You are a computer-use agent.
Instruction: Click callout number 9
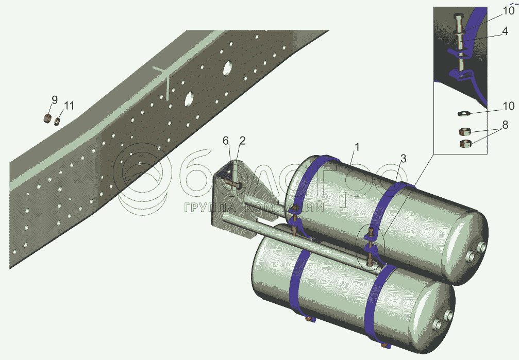pyautogui.click(x=54, y=99)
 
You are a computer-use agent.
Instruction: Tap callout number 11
pyautogui.click(x=69, y=106)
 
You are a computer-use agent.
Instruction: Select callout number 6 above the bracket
pyautogui.click(x=226, y=141)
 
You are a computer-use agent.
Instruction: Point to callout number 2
pyautogui.click(x=242, y=141)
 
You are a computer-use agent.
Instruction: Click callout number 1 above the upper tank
pyautogui.click(x=357, y=147)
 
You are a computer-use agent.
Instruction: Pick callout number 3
pyautogui.click(x=403, y=159)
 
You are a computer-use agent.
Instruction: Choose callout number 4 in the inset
pyautogui.click(x=505, y=31)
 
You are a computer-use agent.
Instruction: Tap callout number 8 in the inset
pyautogui.click(x=505, y=125)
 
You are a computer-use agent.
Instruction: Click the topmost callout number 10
pyautogui.click(x=509, y=11)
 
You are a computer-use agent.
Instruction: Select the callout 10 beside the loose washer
pyautogui.click(x=508, y=106)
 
